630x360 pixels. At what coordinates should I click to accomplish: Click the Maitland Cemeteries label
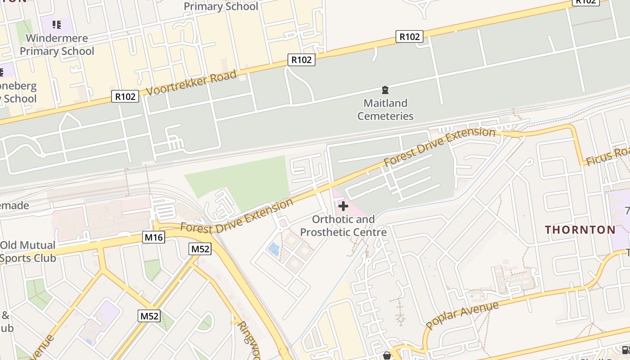click(385, 109)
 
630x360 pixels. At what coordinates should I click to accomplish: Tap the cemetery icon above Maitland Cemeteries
click(385, 90)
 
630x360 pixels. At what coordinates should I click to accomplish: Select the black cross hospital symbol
click(343, 207)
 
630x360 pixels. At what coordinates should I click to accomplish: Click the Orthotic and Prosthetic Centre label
click(343, 226)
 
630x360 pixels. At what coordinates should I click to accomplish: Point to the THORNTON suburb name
click(580, 230)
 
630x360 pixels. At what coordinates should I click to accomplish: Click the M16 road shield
click(154, 237)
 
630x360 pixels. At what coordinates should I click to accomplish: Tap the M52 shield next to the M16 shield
click(200, 249)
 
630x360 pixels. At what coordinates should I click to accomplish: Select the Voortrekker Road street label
click(191, 83)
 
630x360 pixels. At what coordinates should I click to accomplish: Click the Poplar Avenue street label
click(462, 315)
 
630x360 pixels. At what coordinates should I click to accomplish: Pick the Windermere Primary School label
click(57, 45)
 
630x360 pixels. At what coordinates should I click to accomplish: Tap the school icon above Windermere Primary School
click(57, 24)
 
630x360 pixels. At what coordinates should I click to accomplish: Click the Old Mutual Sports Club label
click(28, 252)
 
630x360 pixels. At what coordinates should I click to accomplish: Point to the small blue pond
click(273, 249)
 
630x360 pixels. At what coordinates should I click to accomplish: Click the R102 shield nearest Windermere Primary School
click(125, 96)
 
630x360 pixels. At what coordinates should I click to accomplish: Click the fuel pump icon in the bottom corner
click(625, 350)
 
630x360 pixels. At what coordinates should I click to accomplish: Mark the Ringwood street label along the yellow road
click(249, 338)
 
